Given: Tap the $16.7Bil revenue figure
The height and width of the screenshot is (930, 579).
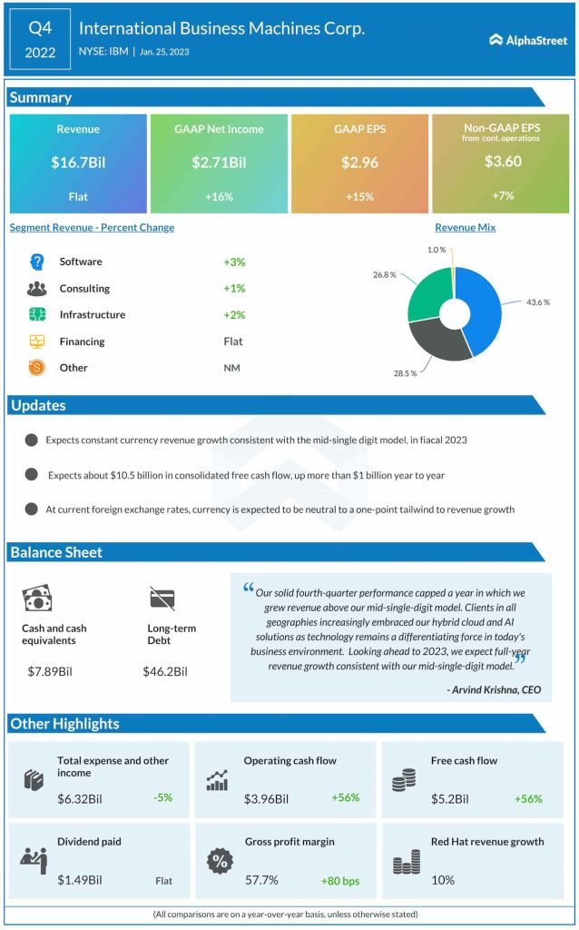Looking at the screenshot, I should (x=78, y=163).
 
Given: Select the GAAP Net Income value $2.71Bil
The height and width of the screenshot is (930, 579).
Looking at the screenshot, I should (x=219, y=163).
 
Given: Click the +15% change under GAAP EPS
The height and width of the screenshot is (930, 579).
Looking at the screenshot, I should (x=359, y=196).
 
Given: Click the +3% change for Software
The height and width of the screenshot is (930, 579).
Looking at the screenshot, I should (x=234, y=262).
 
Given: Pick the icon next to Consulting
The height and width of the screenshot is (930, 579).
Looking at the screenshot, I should (x=37, y=289).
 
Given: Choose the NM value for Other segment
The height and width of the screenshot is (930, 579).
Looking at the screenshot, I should (x=231, y=368).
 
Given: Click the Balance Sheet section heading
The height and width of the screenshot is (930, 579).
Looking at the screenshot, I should (x=56, y=552).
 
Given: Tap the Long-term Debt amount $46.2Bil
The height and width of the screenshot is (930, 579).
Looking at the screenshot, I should (x=165, y=672).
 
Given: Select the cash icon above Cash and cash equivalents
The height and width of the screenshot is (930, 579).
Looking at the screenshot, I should (x=37, y=598).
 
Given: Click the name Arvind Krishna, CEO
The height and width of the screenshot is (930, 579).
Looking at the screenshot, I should (x=494, y=690).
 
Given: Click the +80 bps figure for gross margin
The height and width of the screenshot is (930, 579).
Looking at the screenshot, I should (x=340, y=880).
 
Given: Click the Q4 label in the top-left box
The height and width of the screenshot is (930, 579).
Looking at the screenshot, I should (x=40, y=27).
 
